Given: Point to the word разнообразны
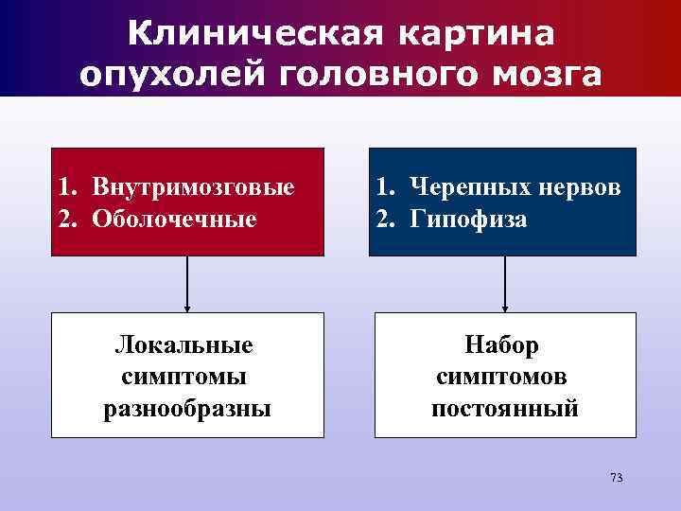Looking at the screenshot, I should coord(186,409).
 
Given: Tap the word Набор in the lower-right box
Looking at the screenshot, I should coord(504,344).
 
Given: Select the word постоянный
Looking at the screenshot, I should coord(504,409).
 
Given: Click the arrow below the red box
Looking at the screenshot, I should coord(187,284).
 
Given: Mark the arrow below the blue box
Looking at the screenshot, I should coord(504,284).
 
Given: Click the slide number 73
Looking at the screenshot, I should coord(616,477).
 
